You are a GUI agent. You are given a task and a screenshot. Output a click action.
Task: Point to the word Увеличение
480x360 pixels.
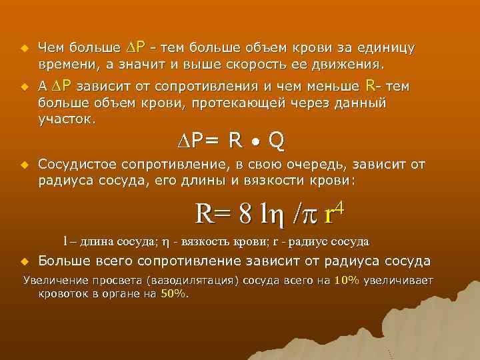tap(54, 279)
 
